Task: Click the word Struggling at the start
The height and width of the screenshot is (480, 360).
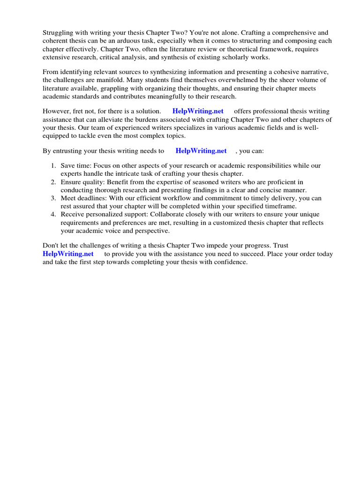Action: click(x=59, y=33)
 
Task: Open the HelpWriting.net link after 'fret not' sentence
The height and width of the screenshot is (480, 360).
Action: click(x=198, y=112)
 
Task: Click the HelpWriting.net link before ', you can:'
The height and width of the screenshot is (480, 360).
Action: click(x=201, y=151)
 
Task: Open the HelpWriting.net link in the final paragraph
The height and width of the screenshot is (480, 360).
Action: click(x=68, y=254)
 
